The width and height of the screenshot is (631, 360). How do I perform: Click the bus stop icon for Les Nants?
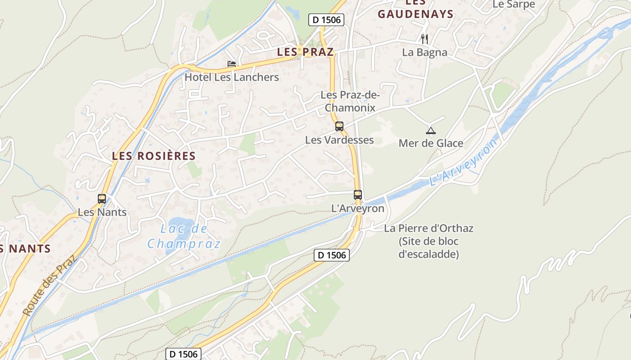tap(102, 198)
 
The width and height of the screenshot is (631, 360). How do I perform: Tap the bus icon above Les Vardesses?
tap(339, 126)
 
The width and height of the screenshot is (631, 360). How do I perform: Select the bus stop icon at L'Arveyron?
tap(358, 195)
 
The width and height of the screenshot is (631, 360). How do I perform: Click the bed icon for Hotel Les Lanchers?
tap(232, 64)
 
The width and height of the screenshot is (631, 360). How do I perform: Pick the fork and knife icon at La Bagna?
tap(424, 39)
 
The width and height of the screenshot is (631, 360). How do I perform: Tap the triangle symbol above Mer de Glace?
tap(431, 131)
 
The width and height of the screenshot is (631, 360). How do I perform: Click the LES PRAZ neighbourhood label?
tap(306, 52)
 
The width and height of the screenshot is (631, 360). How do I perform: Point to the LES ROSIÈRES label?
tap(154, 156)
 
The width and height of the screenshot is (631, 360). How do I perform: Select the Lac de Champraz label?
tap(184, 236)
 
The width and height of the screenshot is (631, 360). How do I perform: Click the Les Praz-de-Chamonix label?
tap(350, 102)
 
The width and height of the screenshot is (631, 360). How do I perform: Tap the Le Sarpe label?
tap(514, 4)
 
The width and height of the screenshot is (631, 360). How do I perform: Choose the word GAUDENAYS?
tap(416, 14)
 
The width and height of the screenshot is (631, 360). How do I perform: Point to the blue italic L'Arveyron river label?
tap(464, 162)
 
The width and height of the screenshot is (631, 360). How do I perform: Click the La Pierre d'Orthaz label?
tap(429, 228)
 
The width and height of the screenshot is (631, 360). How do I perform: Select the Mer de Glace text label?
tap(431, 144)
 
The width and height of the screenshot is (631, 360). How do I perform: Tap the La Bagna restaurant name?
tap(425, 52)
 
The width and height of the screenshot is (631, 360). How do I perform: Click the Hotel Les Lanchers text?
tap(232, 77)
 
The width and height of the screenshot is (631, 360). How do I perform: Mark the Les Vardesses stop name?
tap(339, 140)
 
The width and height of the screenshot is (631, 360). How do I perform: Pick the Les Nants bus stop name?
tap(102, 212)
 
